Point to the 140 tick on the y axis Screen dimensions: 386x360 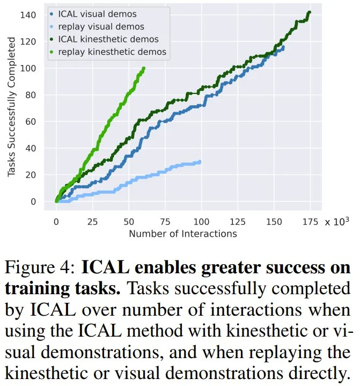pyautogui.click(x=28, y=15)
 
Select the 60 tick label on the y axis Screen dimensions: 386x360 pyautogui.click(x=31, y=122)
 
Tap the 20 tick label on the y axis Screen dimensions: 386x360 pyautogui.click(x=31, y=175)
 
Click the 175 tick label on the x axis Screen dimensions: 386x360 pyautogui.click(x=308, y=222)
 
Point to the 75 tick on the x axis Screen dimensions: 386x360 pyautogui.click(x=164, y=222)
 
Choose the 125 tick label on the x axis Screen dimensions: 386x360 pyautogui.click(x=236, y=222)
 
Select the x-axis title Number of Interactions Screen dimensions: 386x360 pyautogui.click(x=182, y=234)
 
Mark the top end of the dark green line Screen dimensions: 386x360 pyautogui.click(x=309, y=13)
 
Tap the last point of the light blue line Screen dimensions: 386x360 pyautogui.click(x=200, y=162)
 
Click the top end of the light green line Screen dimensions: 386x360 pyautogui.click(x=143, y=68)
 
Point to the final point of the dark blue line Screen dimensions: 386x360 pyautogui.click(x=283, y=47)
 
